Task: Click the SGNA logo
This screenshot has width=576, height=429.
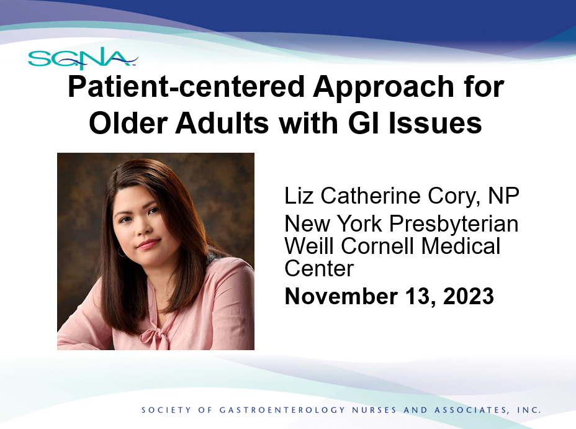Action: (83, 58)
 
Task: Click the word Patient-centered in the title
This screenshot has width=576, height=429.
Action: (186, 87)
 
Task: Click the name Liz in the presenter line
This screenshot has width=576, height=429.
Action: (299, 196)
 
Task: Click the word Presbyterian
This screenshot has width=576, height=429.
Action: (454, 224)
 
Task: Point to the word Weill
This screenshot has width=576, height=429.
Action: (309, 246)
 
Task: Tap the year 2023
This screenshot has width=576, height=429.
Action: (469, 296)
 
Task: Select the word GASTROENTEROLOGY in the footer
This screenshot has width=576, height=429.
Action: (282, 410)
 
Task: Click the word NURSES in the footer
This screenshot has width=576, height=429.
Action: (374, 410)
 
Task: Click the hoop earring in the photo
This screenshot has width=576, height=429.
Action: (121, 252)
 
